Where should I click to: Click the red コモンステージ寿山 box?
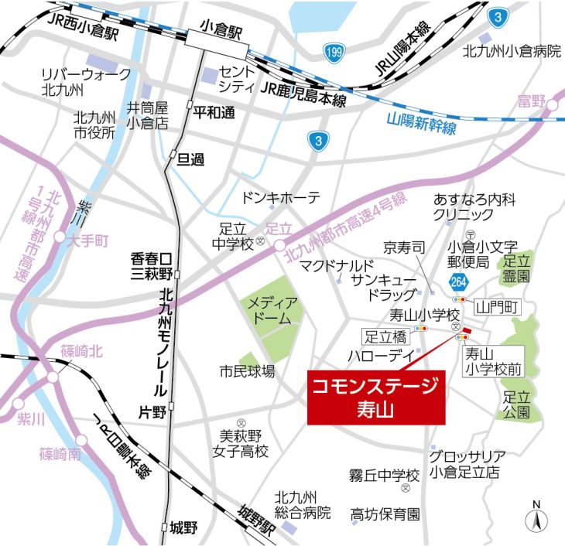click(x=376, y=396)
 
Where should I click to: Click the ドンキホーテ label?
click(x=281, y=198)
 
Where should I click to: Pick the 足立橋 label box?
click(x=385, y=336)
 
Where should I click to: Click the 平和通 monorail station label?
click(x=213, y=111)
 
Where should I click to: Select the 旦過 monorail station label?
click(x=190, y=159)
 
